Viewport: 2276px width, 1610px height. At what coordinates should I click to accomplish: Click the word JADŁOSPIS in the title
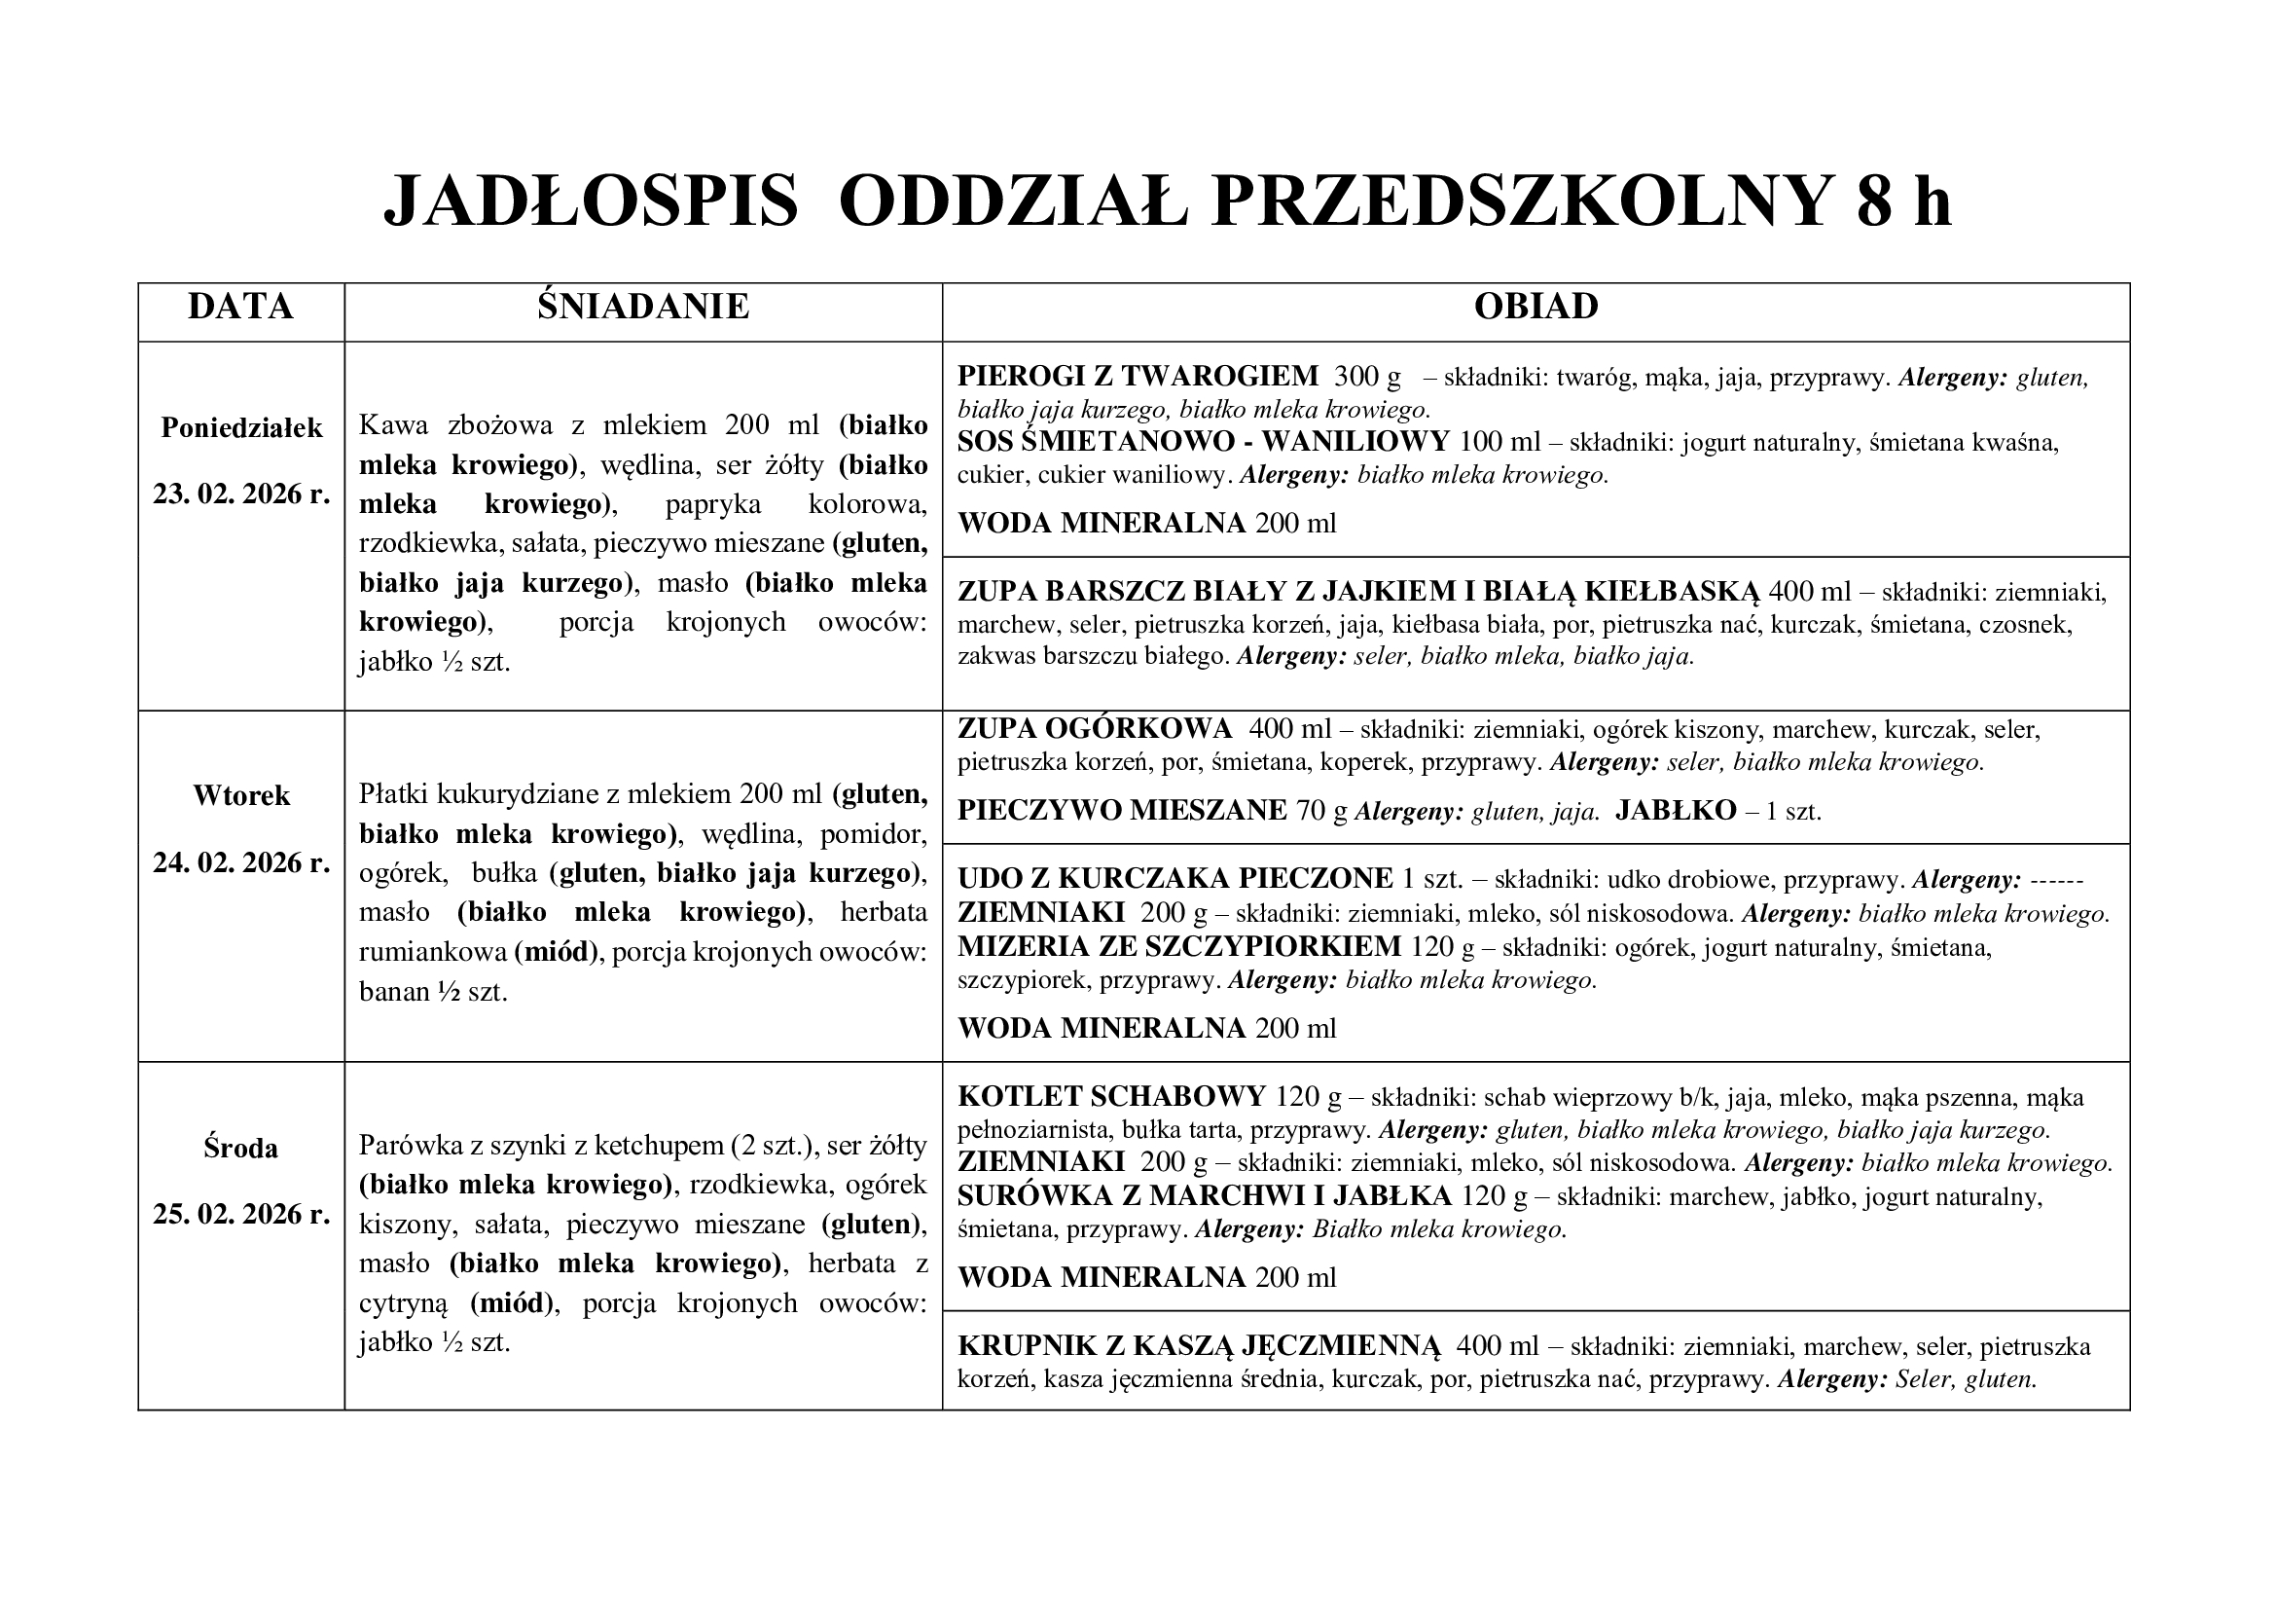coord(591,202)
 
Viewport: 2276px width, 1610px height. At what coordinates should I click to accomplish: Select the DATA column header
coord(241,307)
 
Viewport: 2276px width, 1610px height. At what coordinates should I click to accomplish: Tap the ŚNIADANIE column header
coord(643,307)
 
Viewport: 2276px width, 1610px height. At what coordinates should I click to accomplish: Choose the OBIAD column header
coord(1535,307)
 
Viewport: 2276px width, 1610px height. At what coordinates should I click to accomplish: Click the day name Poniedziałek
coord(242,428)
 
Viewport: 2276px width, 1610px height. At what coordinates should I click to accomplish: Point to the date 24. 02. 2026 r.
coord(242,863)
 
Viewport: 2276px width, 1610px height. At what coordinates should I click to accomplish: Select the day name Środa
coord(241,1148)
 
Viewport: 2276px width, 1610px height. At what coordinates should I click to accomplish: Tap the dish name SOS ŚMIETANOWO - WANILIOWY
coord(1203,442)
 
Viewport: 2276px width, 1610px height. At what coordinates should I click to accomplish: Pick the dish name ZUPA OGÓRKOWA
coord(1095,730)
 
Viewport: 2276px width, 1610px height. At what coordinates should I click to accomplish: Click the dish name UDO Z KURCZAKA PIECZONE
coord(1175,878)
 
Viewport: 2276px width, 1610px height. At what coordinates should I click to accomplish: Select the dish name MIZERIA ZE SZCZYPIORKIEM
coord(1179,947)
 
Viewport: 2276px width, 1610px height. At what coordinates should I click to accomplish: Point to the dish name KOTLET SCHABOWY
coord(1111,1096)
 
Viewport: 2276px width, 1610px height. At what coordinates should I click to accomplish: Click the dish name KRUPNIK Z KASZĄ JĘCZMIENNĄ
coord(1199,1346)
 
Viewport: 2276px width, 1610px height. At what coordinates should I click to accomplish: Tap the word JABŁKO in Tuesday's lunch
coord(1676,811)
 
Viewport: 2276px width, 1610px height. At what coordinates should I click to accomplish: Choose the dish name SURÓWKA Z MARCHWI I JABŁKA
coord(1205,1196)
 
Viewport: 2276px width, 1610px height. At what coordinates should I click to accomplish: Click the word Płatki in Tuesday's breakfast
coord(392,794)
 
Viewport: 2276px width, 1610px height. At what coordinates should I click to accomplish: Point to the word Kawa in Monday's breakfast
coord(393,425)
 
